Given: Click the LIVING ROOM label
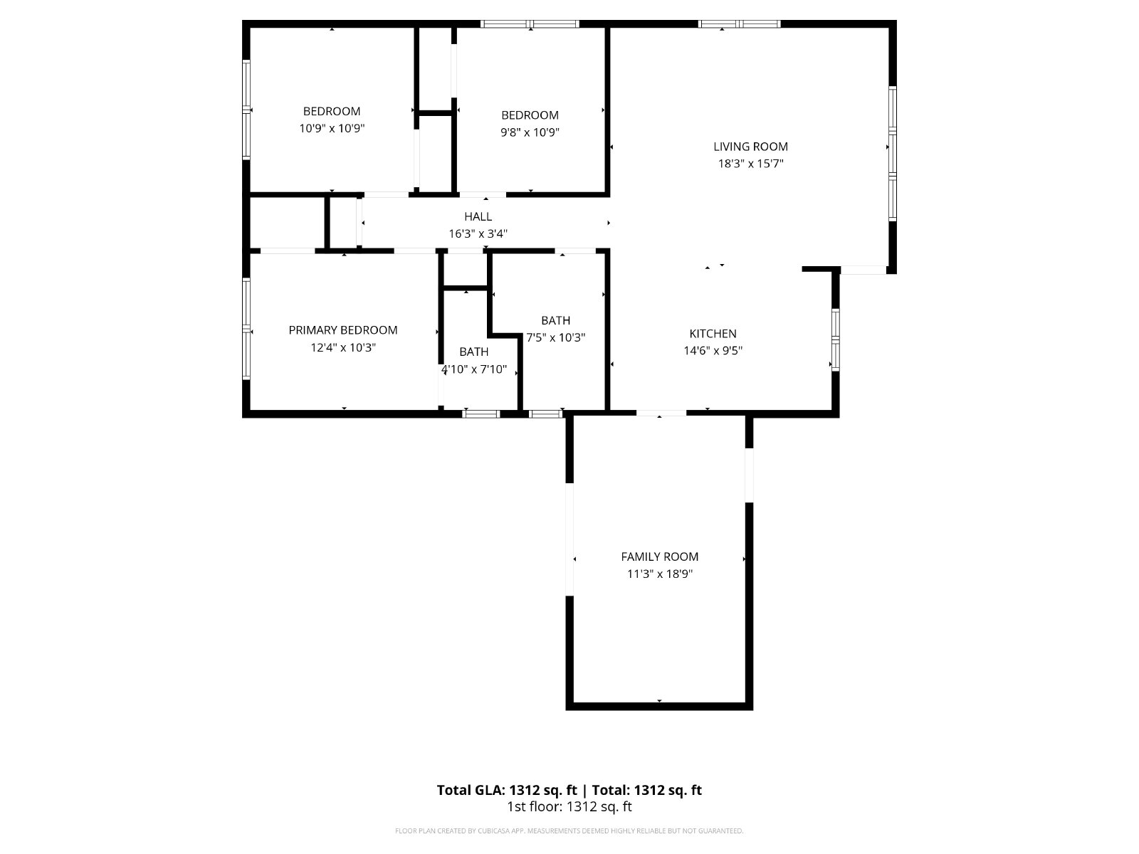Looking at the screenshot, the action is pos(750,147).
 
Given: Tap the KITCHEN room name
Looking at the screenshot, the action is pos(713,333).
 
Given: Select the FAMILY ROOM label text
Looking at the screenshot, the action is pos(659,557).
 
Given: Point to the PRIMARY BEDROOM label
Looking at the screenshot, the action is pos(343,330).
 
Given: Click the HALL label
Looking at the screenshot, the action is pos(478,217).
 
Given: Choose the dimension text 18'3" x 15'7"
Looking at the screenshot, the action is pos(750,164).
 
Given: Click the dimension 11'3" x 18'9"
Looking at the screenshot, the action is pos(659,574).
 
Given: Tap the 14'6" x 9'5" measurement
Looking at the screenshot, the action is pos(713,351).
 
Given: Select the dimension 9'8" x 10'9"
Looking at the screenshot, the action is pos(530,132).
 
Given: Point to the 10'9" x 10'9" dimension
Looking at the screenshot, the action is pos(332,128).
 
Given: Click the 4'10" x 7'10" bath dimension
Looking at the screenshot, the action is pos(474,369).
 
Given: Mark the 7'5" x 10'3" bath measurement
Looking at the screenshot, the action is pos(556,337).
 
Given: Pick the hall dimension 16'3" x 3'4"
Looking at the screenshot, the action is pos(478,234).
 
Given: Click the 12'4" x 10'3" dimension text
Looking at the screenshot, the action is pos(343,347).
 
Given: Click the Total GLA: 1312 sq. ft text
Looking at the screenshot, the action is pos(506,790).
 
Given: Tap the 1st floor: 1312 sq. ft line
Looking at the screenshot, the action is pos(569,807).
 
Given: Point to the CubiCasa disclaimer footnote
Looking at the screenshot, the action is pos(569,831).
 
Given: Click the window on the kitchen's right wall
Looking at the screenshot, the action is pos(836,339).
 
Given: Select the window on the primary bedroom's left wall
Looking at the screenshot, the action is pos(246,329).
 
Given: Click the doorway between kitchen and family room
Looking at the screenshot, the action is pos(661,413).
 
